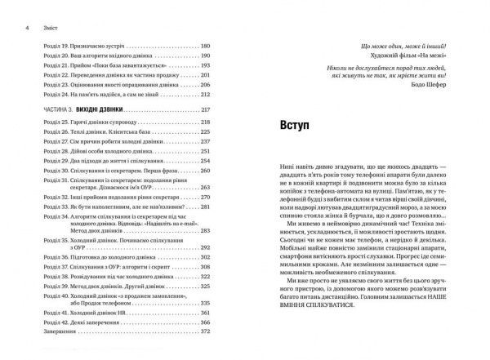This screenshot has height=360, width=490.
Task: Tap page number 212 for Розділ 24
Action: coord(204,94)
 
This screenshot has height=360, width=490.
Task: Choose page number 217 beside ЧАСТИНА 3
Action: coord(204,109)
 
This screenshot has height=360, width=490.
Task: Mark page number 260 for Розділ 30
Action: coord(204,173)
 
